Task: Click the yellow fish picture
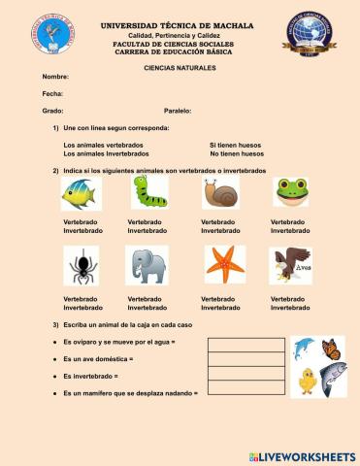click(81, 194)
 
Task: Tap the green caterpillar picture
click(149, 192)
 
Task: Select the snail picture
click(220, 193)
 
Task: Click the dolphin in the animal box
click(304, 348)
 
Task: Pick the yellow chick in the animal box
click(308, 380)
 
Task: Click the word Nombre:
click(55, 76)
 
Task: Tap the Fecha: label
click(52, 93)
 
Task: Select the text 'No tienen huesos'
click(237, 153)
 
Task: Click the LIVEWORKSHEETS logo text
click(310, 456)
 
